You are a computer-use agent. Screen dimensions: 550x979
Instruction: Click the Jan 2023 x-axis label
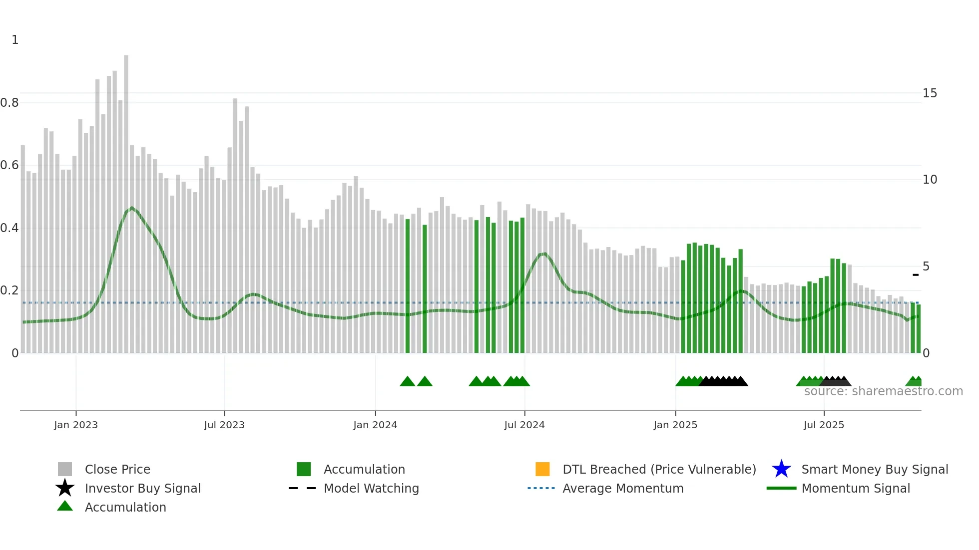coord(76,425)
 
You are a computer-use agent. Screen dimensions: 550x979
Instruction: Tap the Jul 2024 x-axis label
coord(524,425)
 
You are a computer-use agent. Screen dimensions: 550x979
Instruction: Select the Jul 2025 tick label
coord(824,425)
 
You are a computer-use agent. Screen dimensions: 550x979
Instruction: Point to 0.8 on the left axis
coord(9,103)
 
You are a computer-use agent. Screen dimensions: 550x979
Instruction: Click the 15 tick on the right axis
coord(930,93)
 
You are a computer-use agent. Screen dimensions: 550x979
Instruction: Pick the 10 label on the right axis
coord(930,180)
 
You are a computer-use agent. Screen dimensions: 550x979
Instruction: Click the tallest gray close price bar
coord(126,200)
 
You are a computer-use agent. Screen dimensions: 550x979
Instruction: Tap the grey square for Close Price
coord(65,469)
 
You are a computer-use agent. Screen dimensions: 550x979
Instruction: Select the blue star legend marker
coord(781,469)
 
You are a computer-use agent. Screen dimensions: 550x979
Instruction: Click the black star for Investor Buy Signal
coord(65,488)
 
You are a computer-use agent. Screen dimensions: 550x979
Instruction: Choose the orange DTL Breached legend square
coord(542,469)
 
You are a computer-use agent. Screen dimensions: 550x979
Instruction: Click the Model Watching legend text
coord(371,488)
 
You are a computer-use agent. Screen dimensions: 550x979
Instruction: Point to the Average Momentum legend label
coord(623,488)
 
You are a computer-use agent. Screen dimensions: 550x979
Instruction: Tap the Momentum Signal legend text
coord(856,488)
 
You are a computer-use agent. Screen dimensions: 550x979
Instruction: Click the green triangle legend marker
coord(65,507)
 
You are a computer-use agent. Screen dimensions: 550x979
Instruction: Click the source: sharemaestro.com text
coord(883,391)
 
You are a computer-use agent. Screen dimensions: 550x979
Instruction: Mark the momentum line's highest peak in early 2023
coord(131,208)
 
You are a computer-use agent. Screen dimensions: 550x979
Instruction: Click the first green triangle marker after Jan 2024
coord(408,382)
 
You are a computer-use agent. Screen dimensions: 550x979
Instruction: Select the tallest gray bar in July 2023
coord(235,225)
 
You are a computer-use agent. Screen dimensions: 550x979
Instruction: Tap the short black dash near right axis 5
coord(916,275)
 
